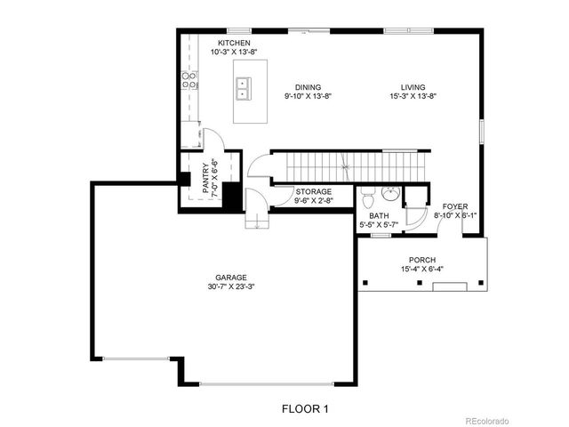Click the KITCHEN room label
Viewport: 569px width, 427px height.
[x=235, y=44]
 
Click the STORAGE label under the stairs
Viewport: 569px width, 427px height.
[x=313, y=191]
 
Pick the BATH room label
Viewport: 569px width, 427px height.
[x=380, y=216]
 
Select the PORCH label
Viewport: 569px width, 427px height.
[x=418, y=260]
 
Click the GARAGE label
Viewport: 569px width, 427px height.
[x=230, y=278]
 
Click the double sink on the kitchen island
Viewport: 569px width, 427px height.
[x=243, y=88]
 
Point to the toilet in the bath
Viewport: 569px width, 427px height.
[x=366, y=197]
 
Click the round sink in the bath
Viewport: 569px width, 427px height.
[x=389, y=194]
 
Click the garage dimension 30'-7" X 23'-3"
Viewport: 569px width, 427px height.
[x=230, y=287]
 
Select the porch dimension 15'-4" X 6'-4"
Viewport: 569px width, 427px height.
[x=418, y=270]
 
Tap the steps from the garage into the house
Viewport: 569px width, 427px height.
[x=256, y=220]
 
